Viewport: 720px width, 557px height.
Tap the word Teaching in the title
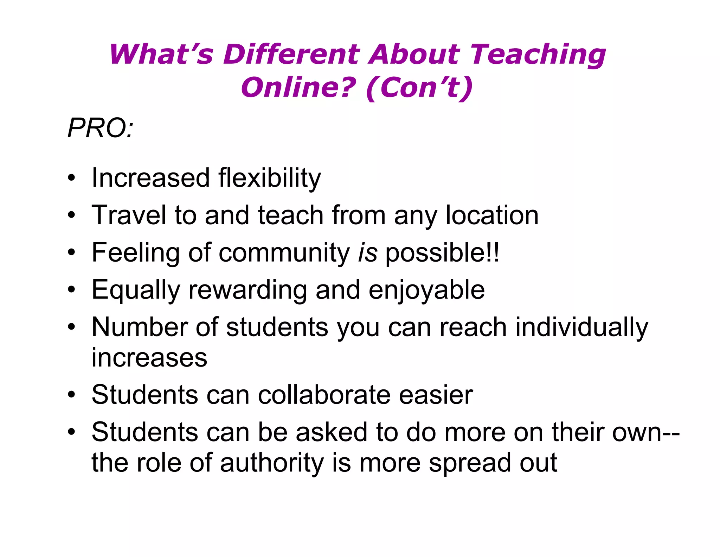[x=538, y=55]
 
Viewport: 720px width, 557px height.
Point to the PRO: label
[x=101, y=128]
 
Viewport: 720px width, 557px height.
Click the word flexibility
[x=269, y=178]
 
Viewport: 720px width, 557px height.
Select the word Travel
[x=129, y=215]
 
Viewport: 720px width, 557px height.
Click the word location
[x=492, y=215]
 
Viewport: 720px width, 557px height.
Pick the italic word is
[x=368, y=252]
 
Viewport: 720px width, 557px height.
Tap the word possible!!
[x=442, y=253]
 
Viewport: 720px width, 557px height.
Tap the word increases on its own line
[x=149, y=358]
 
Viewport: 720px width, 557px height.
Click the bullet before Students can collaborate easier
[x=72, y=394]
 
